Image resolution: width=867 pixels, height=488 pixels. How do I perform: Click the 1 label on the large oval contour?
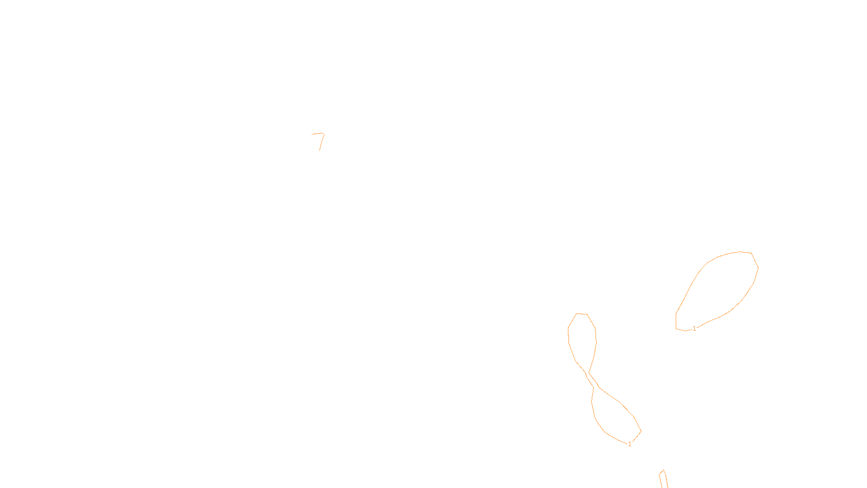[694, 329]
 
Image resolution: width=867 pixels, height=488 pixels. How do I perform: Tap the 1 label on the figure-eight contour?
[630, 444]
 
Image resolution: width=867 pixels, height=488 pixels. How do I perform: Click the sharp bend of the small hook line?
[323, 134]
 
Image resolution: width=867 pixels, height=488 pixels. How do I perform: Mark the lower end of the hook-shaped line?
[319, 150]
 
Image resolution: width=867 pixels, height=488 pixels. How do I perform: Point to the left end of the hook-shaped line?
[312, 134]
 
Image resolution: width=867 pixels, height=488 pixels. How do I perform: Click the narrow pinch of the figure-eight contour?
[588, 374]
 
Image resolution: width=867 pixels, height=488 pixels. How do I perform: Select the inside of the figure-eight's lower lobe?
[612, 418]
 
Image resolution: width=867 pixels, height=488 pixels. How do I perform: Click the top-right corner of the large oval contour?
[752, 253]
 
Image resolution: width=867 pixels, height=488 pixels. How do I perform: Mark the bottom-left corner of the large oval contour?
[676, 328]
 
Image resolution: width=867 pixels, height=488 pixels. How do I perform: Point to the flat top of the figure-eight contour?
[581, 313]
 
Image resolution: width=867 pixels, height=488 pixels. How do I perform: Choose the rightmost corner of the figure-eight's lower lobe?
[641, 432]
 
